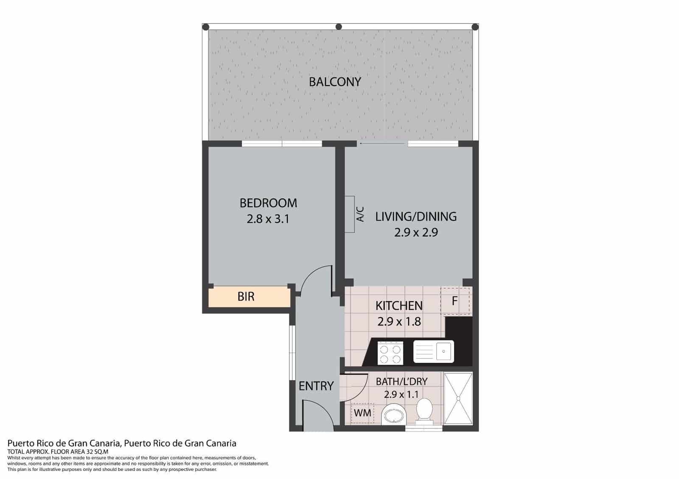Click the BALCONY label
pyautogui.click(x=335, y=81)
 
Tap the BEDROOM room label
pyautogui.click(x=268, y=203)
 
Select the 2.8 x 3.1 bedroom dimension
pyautogui.click(x=268, y=219)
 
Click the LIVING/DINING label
pyautogui.click(x=416, y=217)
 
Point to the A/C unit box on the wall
pyautogui.click(x=350, y=214)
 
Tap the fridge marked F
pyautogui.click(x=455, y=301)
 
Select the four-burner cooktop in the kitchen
pyautogui.click(x=390, y=353)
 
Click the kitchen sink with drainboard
pyautogui.click(x=434, y=351)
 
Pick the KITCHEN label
pyautogui.click(x=399, y=305)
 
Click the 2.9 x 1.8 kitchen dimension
pyautogui.click(x=399, y=321)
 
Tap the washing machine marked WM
pyautogui.click(x=362, y=412)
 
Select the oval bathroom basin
pyautogui.click(x=394, y=415)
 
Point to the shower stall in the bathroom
pyautogui.click(x=458, y=398)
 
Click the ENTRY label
pyautogui.click(x=316, y=386)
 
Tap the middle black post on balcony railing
pyautogui.click(x=339, y=27)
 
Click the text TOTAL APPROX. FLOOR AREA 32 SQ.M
pyautogui.click(x=58, y=452)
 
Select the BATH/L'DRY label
pyautogui.click(x=401, y=381)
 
